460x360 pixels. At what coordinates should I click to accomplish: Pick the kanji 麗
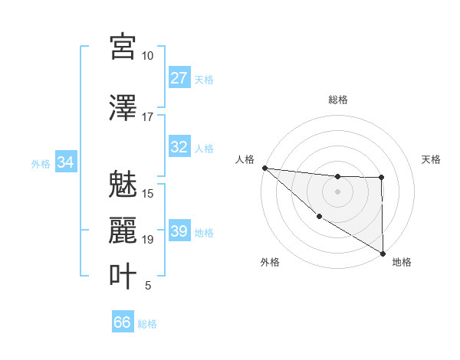point(123,230)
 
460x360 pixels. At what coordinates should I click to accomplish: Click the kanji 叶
point(123,276)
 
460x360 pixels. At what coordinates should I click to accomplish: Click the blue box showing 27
point(179,78)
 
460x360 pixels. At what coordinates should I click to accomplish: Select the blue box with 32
point(179,147)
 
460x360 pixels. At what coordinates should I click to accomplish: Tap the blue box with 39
point(179,231)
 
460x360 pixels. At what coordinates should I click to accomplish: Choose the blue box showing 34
point(65,162)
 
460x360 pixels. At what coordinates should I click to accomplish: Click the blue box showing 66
point(123,322)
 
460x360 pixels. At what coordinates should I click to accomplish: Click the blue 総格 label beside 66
point(147,324)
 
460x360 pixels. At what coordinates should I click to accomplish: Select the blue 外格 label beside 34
point(41,163)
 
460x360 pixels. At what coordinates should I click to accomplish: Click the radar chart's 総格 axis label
point(338,100)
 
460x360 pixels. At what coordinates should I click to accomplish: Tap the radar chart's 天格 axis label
point(432,159)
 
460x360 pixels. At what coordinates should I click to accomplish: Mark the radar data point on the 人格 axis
point(264,168)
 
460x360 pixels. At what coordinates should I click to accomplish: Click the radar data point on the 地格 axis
point(383,253)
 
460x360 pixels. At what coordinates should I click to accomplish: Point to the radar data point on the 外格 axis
point(318,217)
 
